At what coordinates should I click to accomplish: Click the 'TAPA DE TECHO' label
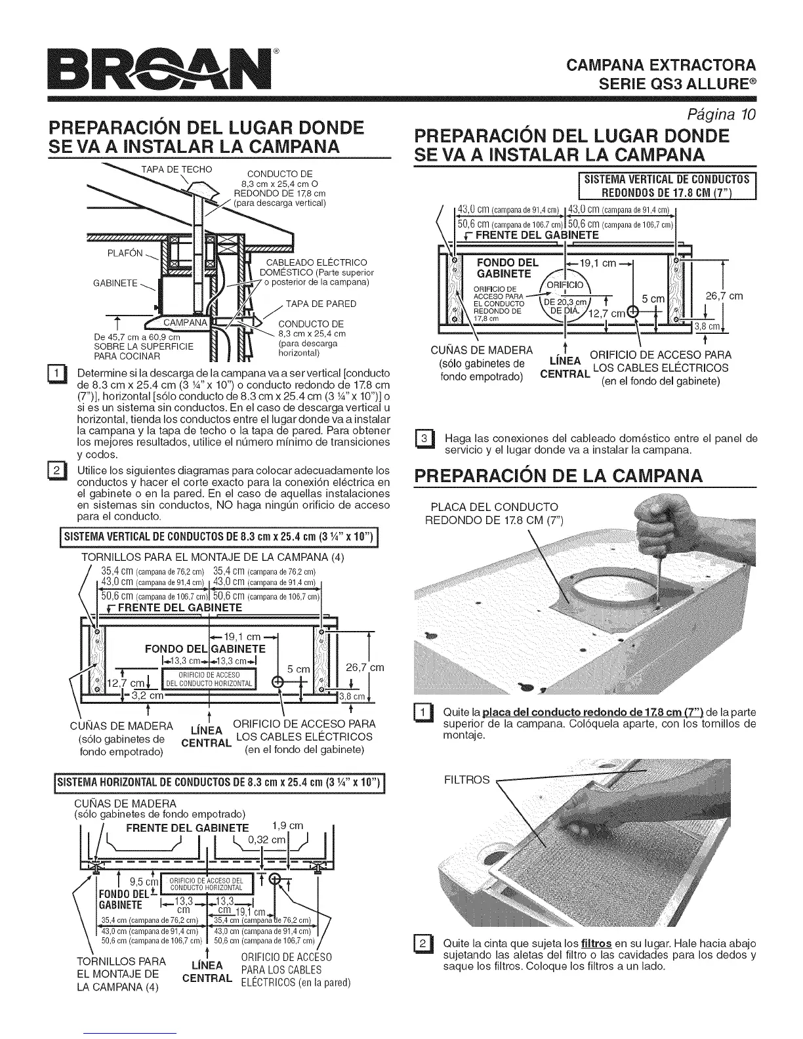[x=177, y=169]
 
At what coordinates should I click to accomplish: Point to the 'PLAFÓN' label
[x=125, y=254]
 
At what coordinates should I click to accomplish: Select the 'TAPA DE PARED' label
[x=321, y=304]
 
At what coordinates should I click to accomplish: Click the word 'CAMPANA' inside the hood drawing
[x=186, y=323]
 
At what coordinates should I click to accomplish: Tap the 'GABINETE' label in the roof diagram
[x=115, y=283]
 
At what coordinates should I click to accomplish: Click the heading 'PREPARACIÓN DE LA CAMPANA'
[x=558, y=475]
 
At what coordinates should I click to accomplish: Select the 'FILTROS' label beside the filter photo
[x=466, y=780]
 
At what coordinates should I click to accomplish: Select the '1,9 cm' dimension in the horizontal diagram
[x=287, y=826]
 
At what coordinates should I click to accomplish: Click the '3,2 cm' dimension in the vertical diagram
[x=147, y=696]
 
